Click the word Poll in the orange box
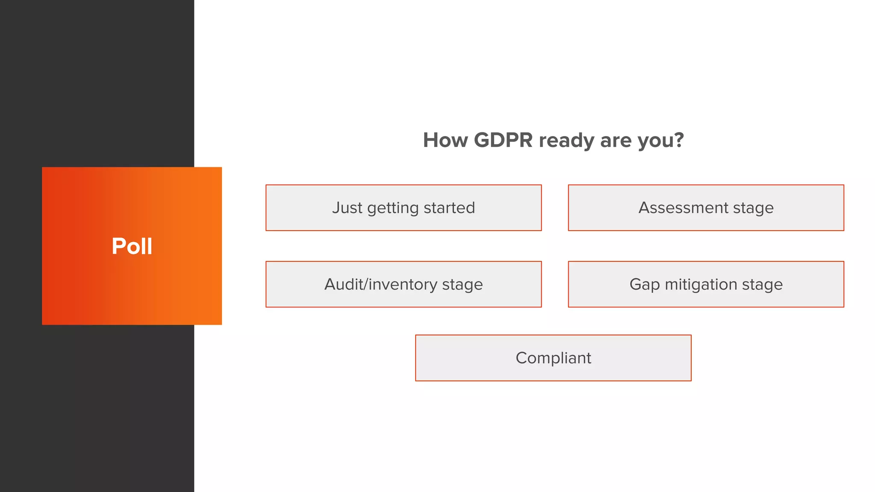click(132, 246)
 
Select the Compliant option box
click(553, 358)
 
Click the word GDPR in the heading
click(503, 140)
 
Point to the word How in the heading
click(445, 140)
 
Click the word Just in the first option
click(347, 208)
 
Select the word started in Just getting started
click(449, 208)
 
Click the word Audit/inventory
click(381, 284)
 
